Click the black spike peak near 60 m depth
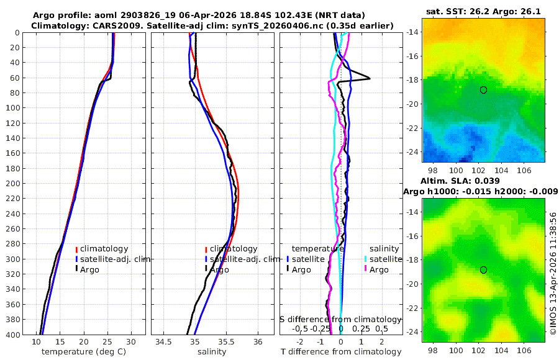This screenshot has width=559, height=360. point(370,78)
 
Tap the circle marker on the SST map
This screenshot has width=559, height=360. point(483,90)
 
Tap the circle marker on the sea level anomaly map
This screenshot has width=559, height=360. point(483,270)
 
